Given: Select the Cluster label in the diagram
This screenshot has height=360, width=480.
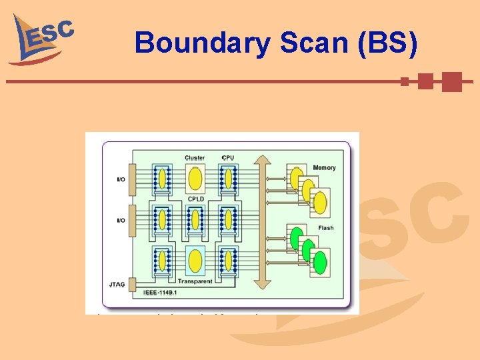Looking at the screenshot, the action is pyautogui.click(x=195, y=158).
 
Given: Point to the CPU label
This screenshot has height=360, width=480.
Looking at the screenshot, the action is pyautogui.click(x=228, y=158).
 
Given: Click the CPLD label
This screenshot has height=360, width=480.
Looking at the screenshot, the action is pyautogui.click(x=195, y=199).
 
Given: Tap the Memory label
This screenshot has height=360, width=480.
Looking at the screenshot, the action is pyautogui.click(x=323, y=167).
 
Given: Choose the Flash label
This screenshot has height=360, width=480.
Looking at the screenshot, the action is pyautogui.click(x=326, y=228).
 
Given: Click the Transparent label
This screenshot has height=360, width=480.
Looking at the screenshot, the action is pyautogui.click(x=195, y=281).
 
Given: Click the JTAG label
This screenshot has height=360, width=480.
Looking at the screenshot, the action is pyautogui.click(x=117, y=285).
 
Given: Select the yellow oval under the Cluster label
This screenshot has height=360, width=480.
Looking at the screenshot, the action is pyautogui.click(x=195, y=178).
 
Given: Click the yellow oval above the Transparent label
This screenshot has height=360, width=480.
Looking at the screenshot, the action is pyautogui.click(x=195, y=261).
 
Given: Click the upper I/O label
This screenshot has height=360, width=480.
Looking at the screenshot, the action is pyautogui.click(x=120, y=180).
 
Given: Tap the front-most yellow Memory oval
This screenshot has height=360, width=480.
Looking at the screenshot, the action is pyautogui.click(x=321, y=202).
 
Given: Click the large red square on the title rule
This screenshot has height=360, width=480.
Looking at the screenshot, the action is pyautogui.click(x=451, y=81).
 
